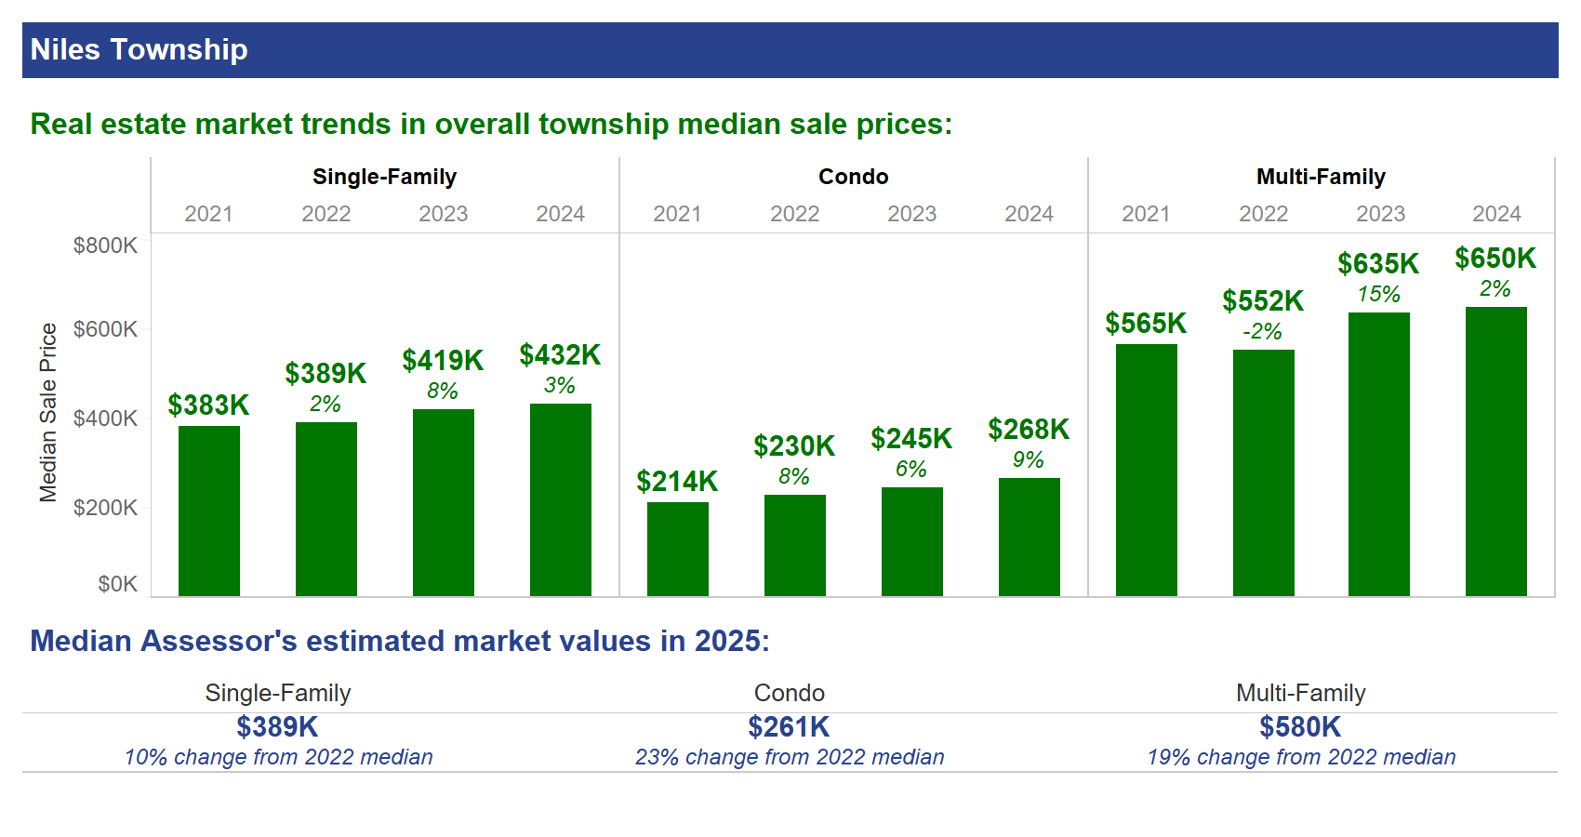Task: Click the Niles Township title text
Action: pos(139,49)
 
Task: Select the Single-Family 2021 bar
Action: pos(209,511)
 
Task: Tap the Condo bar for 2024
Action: pos(1030,537)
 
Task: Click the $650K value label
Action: pos(1495,259)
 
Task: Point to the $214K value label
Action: pos(677,482)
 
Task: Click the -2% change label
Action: pos(1262,332)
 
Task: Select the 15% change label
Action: pos(1378,295)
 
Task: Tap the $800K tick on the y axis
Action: pos(105,246)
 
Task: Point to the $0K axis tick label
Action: pos(117,584)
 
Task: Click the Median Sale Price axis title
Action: pos(48,412)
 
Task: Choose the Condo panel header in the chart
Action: pos(853,177)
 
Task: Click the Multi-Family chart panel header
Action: pos(1321,177)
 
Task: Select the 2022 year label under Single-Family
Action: pos(325,214)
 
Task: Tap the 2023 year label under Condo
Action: pos(911,214)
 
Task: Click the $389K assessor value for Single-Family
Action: pos(277,726)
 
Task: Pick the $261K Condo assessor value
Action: pos(789,726)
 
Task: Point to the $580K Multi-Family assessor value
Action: pos(1300,726)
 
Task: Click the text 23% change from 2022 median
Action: pos(790,757)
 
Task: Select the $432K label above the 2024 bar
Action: pos(560,355)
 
